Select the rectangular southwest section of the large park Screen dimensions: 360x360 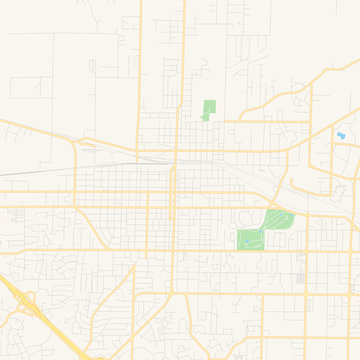click(250, 239)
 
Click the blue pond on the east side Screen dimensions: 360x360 click(341, 135)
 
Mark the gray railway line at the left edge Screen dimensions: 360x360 click(20, 172)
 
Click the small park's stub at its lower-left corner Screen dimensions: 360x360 click(204, 118)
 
